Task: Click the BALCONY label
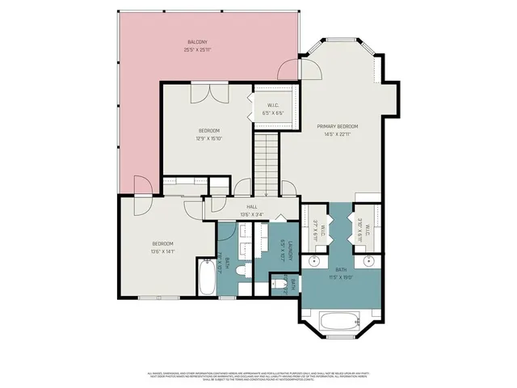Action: pos(197,42)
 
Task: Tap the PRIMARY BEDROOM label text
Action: pos(338,127)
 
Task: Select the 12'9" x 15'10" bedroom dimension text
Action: pos(208,138)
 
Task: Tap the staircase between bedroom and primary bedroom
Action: pos(266,162)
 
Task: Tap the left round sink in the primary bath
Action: pos(316,262)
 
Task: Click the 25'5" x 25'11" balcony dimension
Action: pos(197,49)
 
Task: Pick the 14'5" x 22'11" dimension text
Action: pos(338,134)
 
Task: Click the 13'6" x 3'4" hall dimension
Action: pos(251,214)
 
